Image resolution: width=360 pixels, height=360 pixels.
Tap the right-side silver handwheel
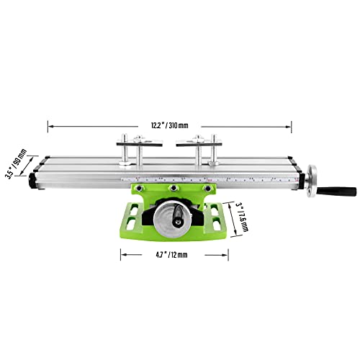tap(312, 181)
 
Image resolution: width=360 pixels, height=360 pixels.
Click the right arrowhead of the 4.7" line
tap(227, 253)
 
